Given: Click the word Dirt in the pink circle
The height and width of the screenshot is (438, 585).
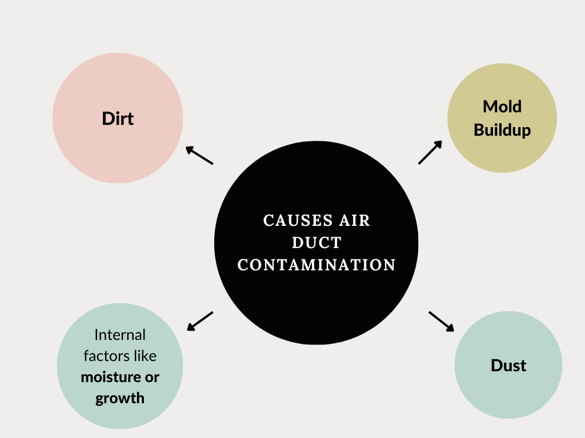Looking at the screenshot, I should (118, 119).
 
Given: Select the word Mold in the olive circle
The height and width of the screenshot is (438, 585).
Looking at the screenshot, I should (502, 107).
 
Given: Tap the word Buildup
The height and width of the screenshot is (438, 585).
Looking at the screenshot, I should (502, 130).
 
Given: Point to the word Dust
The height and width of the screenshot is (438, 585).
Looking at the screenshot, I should (508, 366).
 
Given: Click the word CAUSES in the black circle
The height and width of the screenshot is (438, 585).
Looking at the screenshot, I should (295, 221).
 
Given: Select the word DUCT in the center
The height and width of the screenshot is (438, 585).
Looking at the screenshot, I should (316, 243).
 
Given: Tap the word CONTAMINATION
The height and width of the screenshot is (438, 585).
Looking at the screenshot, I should (316, 265).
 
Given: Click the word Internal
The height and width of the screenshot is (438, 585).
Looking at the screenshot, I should (120, 335).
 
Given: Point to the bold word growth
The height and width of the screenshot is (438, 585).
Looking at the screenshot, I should (120, 398).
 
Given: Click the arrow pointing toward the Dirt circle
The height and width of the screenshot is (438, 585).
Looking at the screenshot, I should (200, 156).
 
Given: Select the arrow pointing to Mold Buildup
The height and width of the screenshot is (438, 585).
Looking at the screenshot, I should (430, 152).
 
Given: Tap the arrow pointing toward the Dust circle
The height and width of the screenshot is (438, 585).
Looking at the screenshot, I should (442, 321).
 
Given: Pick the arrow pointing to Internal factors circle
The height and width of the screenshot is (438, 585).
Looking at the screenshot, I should (200, 321).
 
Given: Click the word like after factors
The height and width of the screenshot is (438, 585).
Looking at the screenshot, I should (145, 356).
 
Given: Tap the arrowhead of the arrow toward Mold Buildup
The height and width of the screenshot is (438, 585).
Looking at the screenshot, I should (439, 144).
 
